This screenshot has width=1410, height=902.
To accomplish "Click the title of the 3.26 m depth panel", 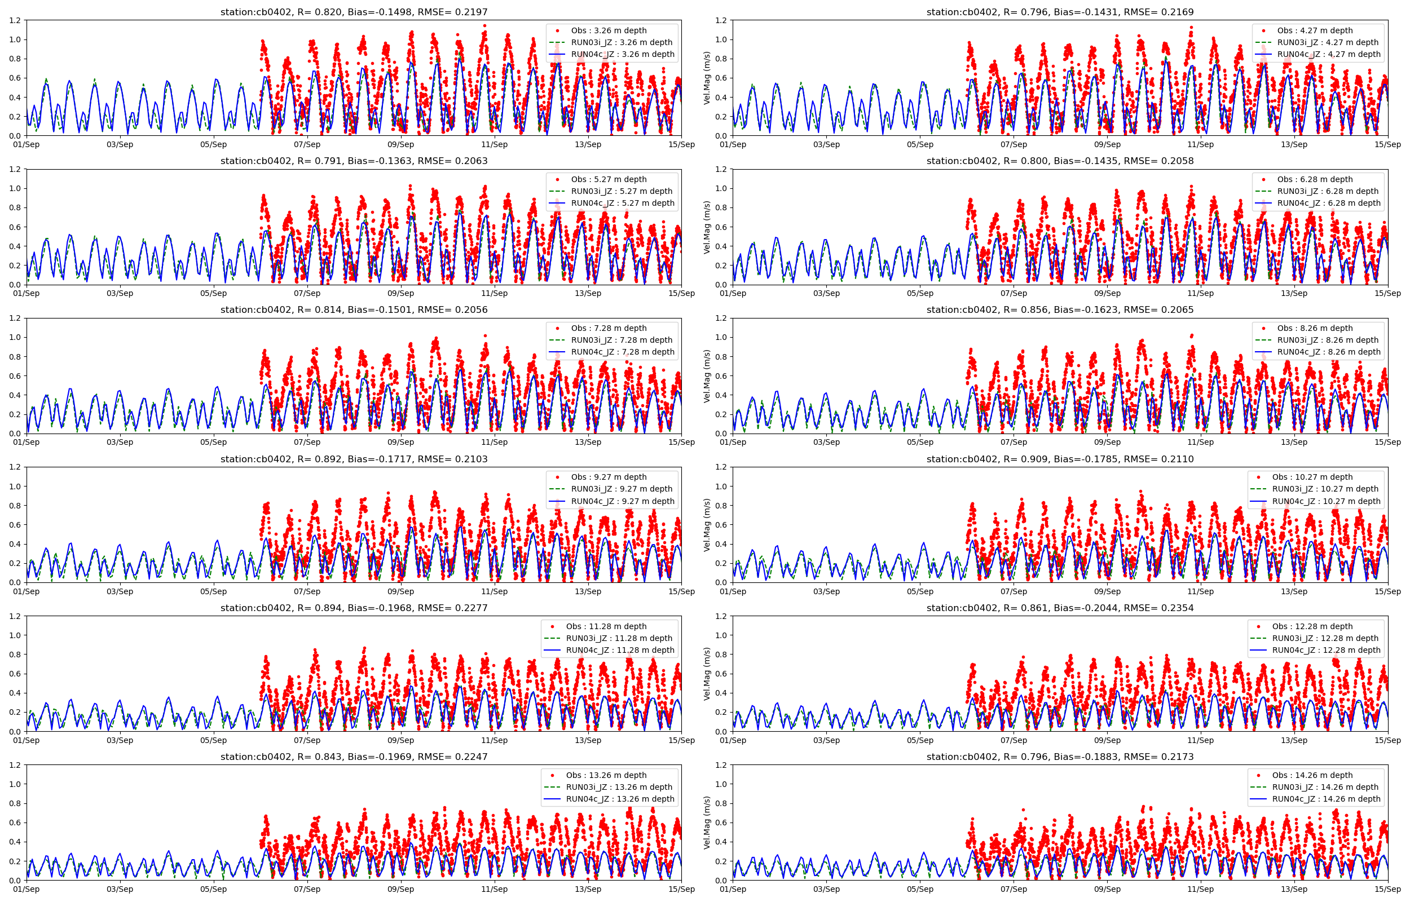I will coord(354,12).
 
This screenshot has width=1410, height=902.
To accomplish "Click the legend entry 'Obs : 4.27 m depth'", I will coord(1315,30).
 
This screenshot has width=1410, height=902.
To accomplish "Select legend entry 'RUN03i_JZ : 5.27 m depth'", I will coord(622,191).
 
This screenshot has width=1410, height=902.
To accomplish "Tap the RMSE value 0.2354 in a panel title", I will coord(1174,608).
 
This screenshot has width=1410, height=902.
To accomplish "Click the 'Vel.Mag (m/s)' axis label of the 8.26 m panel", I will coord(707,376).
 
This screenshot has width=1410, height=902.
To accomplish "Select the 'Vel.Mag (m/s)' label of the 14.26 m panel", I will coord(707,823).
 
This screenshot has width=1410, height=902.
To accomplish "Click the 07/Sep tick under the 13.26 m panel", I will coord(307,889).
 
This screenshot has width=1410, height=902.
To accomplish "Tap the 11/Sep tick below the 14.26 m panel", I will coord(1200,889).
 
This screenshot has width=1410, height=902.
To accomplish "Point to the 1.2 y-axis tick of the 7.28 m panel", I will coord(15,318).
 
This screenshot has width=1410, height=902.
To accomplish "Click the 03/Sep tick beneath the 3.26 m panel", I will coord(120,145).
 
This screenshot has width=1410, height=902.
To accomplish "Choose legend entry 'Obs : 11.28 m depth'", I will coord(606,626).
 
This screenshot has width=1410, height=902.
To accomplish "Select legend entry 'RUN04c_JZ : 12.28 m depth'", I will coord(1326,650).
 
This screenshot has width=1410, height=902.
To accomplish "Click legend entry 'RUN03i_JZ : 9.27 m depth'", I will coord(622,489).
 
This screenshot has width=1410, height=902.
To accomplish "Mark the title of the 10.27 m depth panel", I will coord(1060,459).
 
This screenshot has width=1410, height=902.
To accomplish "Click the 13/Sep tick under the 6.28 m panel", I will coord(1294,294).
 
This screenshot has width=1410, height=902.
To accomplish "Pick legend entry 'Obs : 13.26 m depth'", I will coord(606,775).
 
